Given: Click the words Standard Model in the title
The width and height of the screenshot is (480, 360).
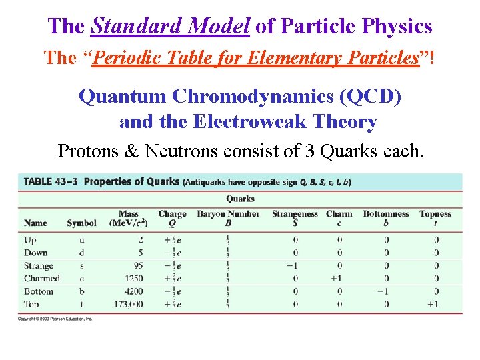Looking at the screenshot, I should click(170, 27).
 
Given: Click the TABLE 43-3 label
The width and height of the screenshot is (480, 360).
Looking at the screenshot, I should click(51, 181).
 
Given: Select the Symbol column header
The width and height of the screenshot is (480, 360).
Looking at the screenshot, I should click(81, 223).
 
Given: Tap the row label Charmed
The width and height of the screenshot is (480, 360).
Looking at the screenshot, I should click(41, 278).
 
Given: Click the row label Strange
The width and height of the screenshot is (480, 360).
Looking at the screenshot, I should click(39, 265).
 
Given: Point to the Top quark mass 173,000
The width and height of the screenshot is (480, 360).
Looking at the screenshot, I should click(127, 304).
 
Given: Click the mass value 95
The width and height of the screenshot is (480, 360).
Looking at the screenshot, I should click(137, 265).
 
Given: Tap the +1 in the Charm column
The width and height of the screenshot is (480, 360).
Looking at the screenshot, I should click(337, 278).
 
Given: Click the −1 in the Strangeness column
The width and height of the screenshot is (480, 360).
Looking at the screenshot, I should click(293, 265).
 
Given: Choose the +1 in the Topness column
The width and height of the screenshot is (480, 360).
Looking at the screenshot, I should click(433, 304).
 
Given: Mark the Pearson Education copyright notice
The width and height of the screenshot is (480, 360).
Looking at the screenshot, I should click(55, 319).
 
